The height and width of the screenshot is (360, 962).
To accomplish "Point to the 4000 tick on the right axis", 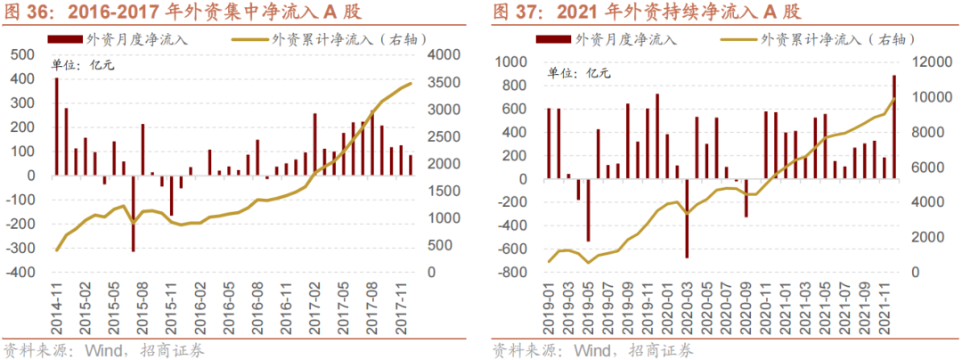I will (x=444, y=55).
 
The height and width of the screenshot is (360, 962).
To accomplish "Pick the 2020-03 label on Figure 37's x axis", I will (x=687, y=305).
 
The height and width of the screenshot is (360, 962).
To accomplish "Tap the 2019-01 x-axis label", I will (x=549, y=305).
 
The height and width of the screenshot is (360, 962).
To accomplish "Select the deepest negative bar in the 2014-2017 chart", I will (x=134, y=213).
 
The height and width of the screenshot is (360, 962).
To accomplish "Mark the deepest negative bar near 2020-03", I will (x=687, y=219).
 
